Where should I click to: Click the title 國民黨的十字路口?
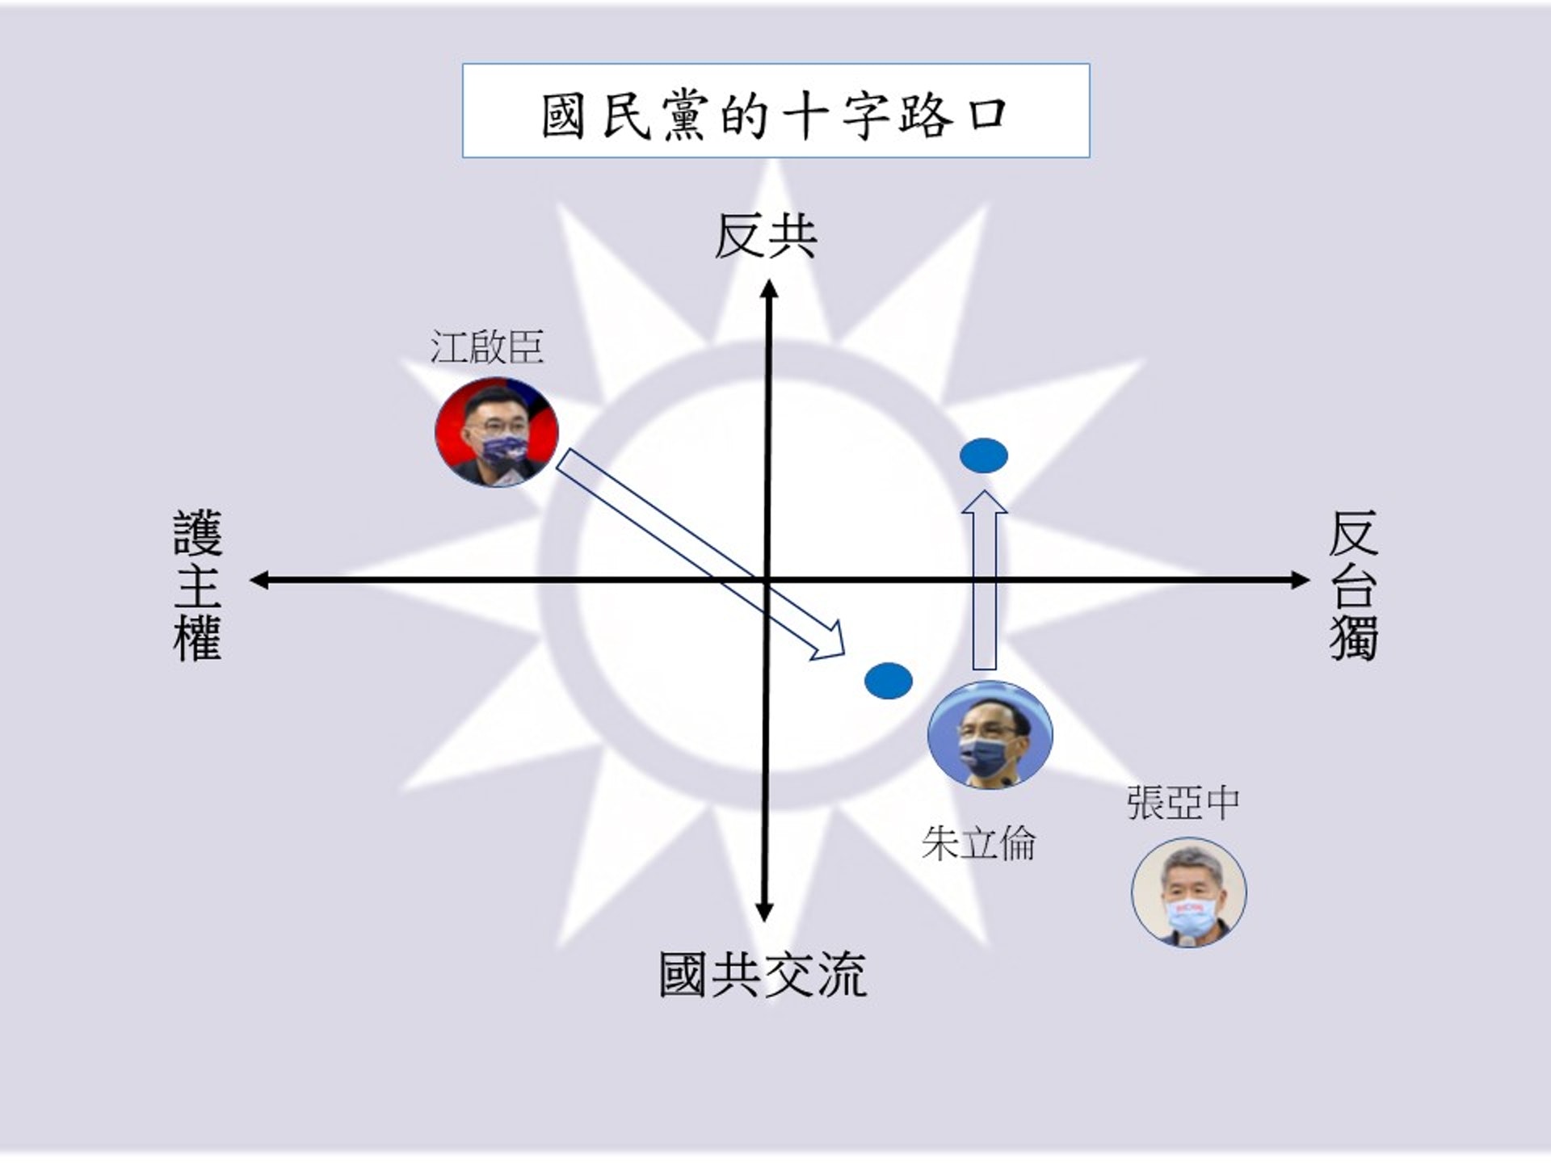pyautogui.click(x=775, y=114)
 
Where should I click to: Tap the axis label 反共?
pyautogui.click(x=765, y=237)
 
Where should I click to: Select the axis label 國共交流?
pyautogui.click(x=763, y=975)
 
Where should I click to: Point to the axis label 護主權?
pyautogui.click(x=197, y=585)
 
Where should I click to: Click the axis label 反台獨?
pyautogui.click(x=1353, y=585)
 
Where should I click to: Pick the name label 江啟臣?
pyautogui.click(x=486, y=348)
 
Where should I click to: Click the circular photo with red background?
pyautogui.click(x=496, y=432)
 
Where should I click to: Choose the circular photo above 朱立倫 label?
pyautogui.click(x=990, y=734)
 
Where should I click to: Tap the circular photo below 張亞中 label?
pyautogui.click(x=1188, y=892)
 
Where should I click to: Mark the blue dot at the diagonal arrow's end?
pyautogui.click(x=889, y=681)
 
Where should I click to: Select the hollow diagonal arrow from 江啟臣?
pyautogui.click(x=700, y=554)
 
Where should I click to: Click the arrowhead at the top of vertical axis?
pyautogui.click(x=769, y=289)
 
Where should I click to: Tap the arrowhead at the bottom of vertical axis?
pyautogui.click(x=764, y=912)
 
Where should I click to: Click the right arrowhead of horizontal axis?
pyautogui.click(x=1299, y=580)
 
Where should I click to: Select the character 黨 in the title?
pyautogui.click(x=684, y=115)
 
